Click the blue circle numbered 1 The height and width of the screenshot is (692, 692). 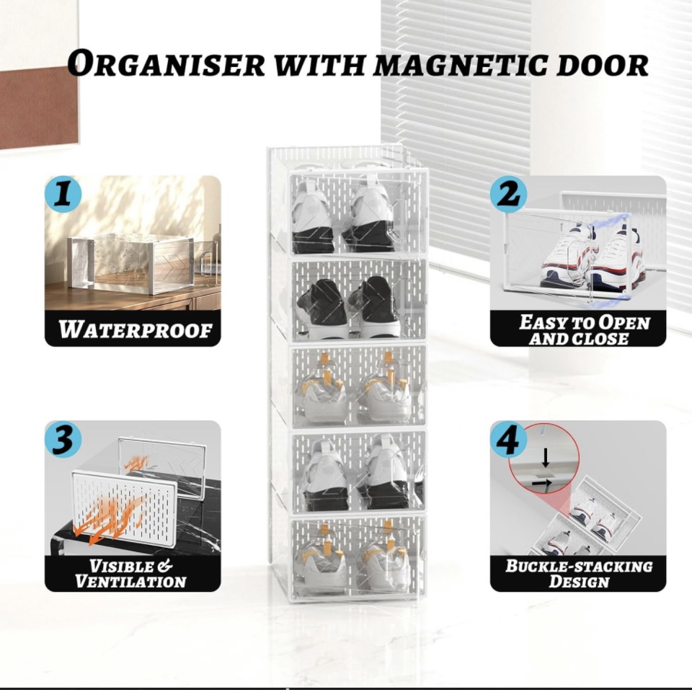click(x=64, y=195)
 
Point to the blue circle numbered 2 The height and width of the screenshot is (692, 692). click(x=509, y=195)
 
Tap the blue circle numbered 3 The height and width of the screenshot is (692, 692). click(x=63, y=440)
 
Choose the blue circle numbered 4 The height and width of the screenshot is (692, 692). click(x=509, y=440)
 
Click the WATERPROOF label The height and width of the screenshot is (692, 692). click(x=135, y=330)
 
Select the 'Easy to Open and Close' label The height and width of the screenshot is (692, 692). click(x=584, y=330)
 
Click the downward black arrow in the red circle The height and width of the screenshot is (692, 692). click(x=546, y=456)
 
